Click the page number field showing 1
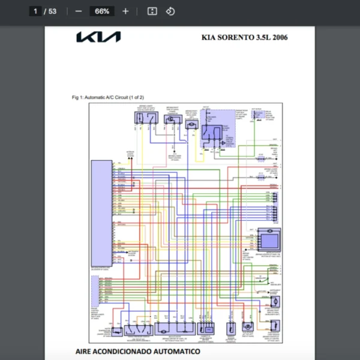click(x=35, y=11)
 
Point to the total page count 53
click(x=52, y=11)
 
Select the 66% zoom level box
click(x=102, y=11)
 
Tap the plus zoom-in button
click(x=125, y=11)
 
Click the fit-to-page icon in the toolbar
click(x=152, y=11)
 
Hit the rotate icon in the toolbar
click(x=170, y=11)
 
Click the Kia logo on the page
click(x=98, y=37)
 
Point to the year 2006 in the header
click(x=280, y=38)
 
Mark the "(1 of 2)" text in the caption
click(x=137, y=97)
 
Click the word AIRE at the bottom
click(x=86, y=350)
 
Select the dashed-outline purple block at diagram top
click(x=217, y=128)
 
